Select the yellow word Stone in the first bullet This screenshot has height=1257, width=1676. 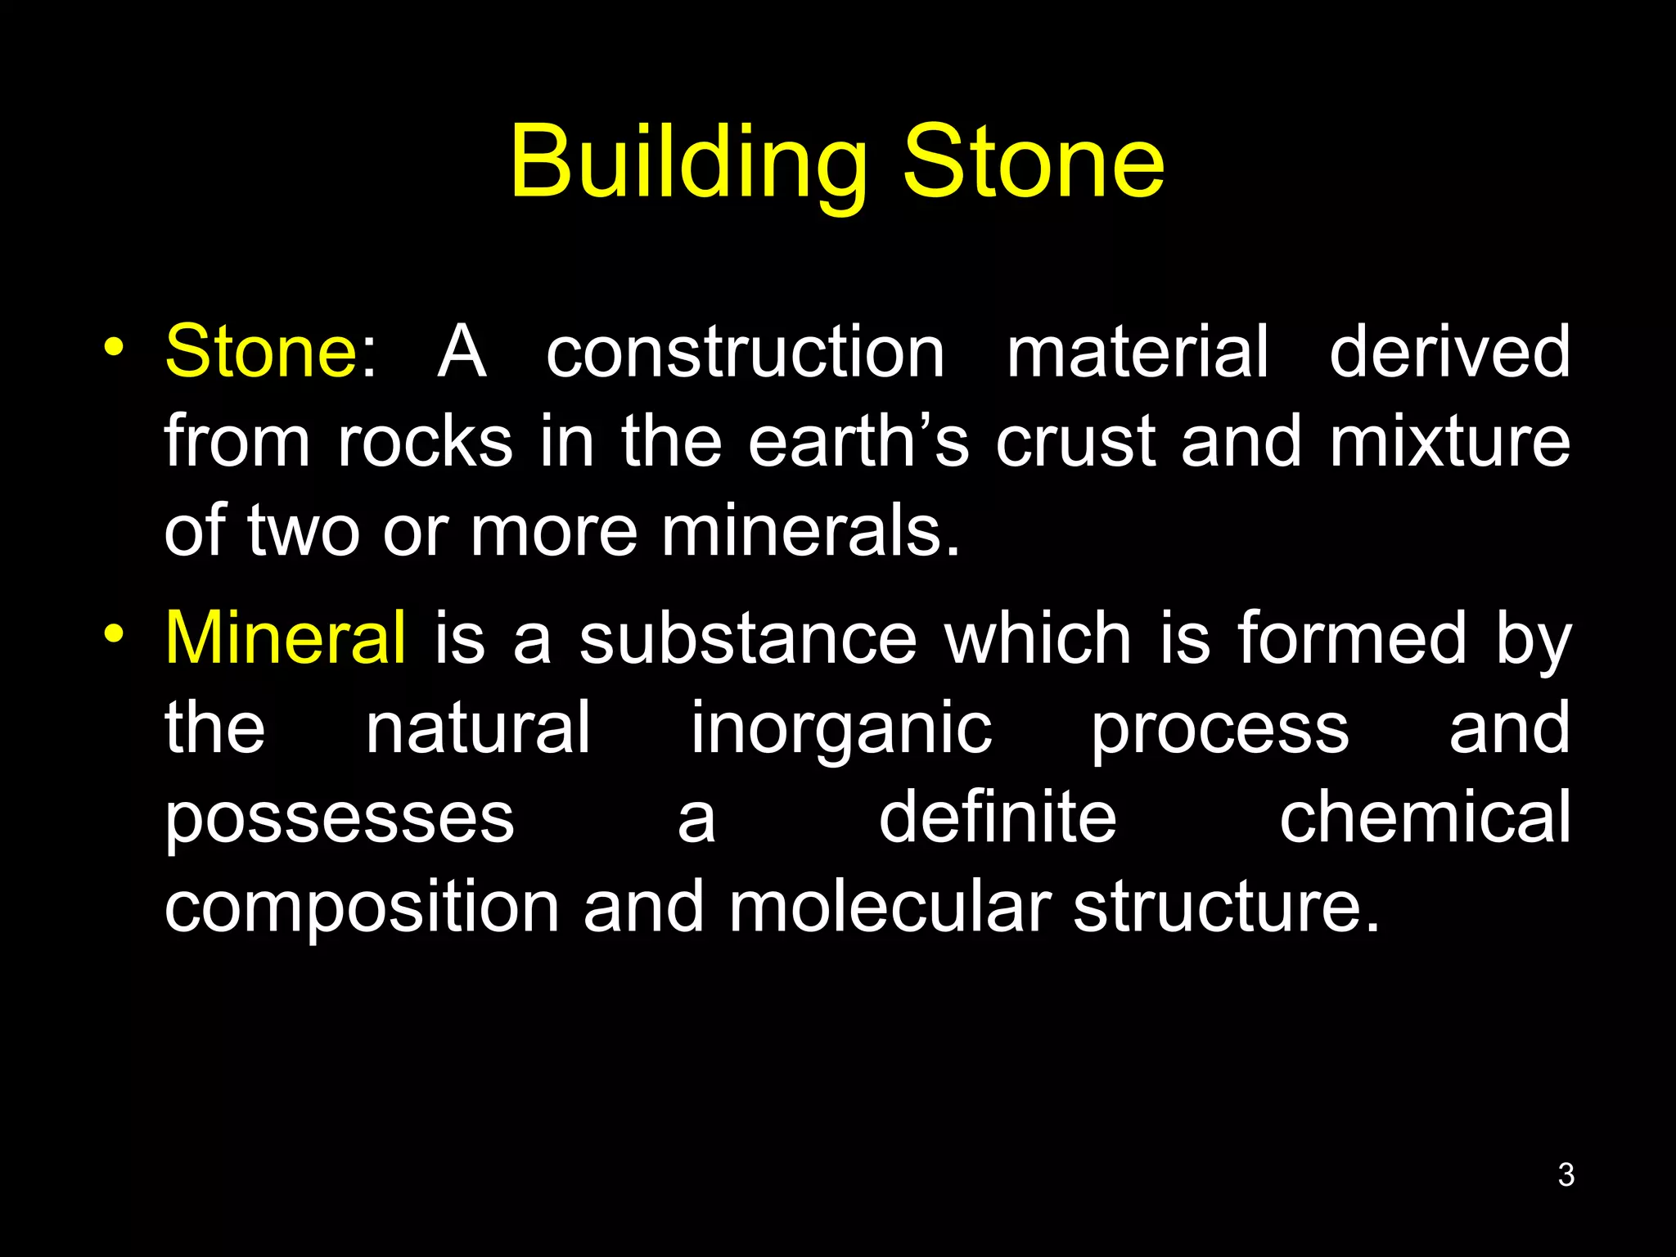[261, 351]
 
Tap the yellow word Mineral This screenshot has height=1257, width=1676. [285, 638]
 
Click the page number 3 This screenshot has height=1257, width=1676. [1566, 1174]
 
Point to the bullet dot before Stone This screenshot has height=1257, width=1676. [114, 347]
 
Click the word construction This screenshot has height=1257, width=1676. [745, 352]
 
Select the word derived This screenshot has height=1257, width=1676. [1448, 351]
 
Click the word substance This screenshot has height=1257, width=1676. [748, 638]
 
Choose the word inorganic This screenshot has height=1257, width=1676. [840, 728]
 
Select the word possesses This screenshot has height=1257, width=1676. [339, 818]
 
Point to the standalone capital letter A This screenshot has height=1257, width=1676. [462, 352]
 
